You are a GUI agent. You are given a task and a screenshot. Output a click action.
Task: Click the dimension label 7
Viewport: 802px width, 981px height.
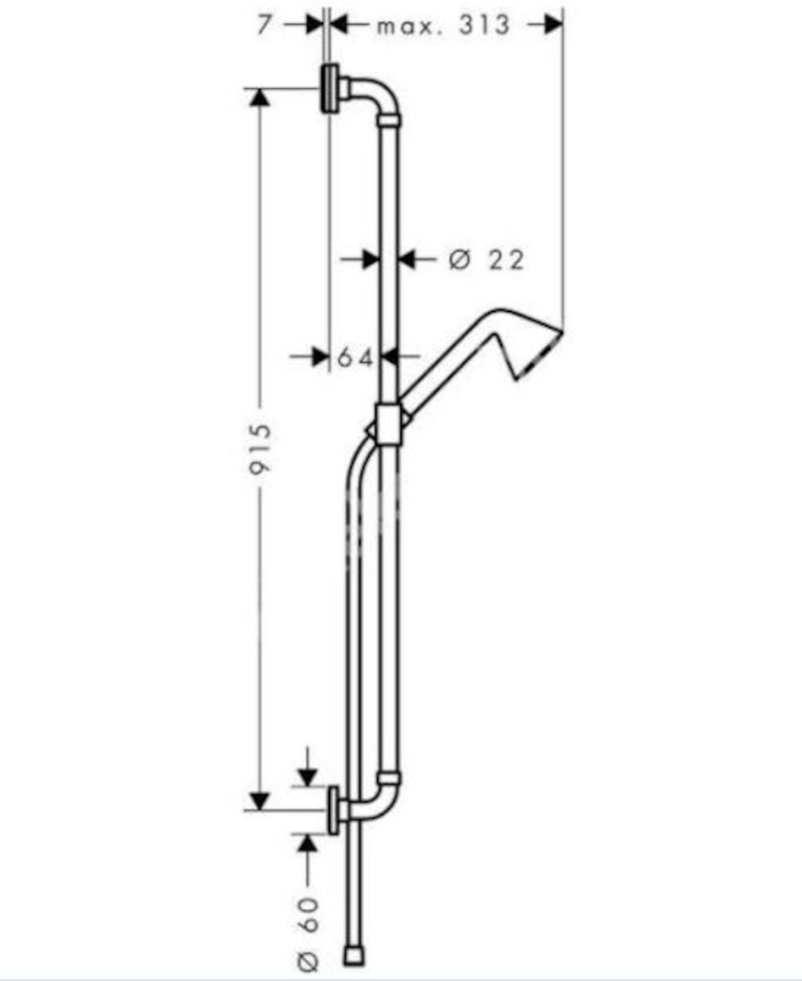pyautogui.click(x=264, y=25)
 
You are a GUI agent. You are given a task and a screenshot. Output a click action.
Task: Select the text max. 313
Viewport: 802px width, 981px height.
pyautogui.click(x=444, y=26)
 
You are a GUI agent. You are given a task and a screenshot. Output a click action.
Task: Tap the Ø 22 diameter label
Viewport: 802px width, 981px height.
pyautogui.click(x=487, y=259)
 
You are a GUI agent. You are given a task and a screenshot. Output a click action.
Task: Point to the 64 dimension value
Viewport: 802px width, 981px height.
pyautogui.click(x=355, y=357)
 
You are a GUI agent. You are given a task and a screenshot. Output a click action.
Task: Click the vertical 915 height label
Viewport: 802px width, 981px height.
pyautogui.click(x=261, y=448)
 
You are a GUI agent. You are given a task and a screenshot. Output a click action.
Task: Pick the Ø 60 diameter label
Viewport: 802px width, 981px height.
pyautogui.click(x=309, y=933)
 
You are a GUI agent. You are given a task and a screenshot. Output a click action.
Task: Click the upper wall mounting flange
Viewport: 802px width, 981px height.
pyautogui.click(x=331, y=88)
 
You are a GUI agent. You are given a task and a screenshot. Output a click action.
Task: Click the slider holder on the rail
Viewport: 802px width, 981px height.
pyautogui.click(x=388, y=424)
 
